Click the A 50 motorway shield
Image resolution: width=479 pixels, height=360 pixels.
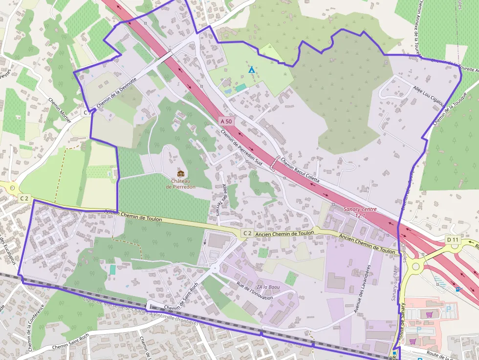tap(226, 121)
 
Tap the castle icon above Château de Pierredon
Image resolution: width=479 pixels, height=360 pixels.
tap(180, 173)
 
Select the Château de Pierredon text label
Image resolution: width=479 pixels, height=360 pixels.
tap(180, 184)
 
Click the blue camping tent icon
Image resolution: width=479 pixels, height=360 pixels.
tap(252, 70)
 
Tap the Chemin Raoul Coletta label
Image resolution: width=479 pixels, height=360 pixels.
tap(300, 172)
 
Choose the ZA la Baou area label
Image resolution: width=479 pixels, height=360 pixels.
tap(268, 287)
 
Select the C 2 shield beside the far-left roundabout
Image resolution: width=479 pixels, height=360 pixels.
tap(24, 198)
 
